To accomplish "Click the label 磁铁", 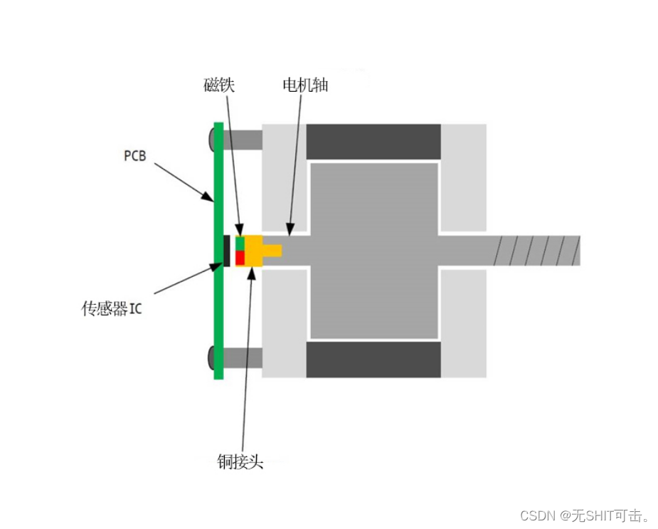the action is tap(218, 85).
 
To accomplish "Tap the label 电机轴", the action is tap(305, 85).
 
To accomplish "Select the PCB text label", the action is tap(134, 155).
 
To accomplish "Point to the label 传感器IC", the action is tap(112, 309).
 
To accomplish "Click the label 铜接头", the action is tap(240, 461).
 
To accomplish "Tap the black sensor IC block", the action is tap(227, 250).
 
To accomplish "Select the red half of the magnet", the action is tap(240, 257).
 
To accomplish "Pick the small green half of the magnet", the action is tap(240, 242).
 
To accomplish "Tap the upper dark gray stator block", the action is tap(373, 142).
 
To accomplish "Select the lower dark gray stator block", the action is tap(373, 360).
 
